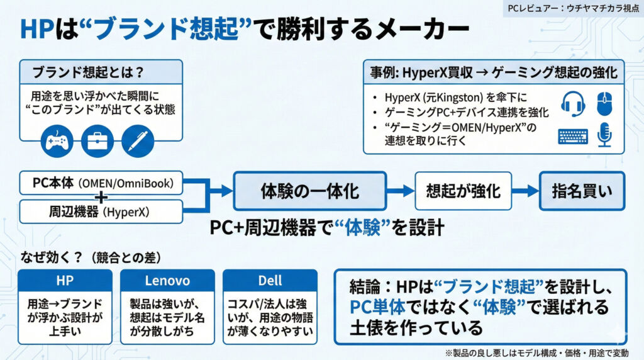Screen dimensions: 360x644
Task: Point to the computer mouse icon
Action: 604,102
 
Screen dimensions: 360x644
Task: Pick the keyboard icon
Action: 572,136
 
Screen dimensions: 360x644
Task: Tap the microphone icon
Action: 604,135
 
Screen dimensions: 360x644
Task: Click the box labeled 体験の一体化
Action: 309,190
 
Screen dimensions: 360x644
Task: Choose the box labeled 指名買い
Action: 582,190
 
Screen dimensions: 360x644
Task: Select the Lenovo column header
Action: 167,281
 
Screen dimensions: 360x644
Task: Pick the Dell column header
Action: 270,281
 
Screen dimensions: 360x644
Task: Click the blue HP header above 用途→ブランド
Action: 65,281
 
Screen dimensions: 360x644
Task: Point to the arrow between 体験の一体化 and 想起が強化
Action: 399,191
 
